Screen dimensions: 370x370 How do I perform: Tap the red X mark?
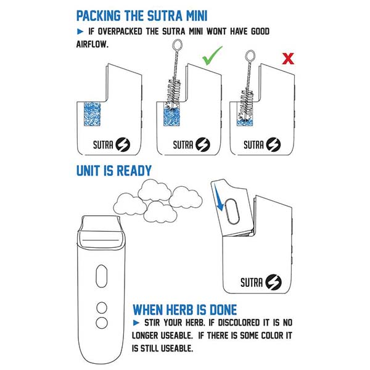pyautogui.click(x=288, y=59)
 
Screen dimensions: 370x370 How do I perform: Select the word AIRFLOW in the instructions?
pyautogui.click(x=92, y=44)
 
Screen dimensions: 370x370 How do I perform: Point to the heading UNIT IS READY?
pyautogui.click(x=114, y=171)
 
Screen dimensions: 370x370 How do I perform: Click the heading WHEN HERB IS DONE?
pyautogui.click(x=185, y=310)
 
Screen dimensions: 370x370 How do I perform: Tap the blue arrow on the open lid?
pyautogui.click(x=218, y=198)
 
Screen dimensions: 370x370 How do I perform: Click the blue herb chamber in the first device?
pyautogui.click(x=92, y=114)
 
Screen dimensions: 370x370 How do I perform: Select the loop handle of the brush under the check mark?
pyautogui.click(x=178, y=45)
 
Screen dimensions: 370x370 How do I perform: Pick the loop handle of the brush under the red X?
pyautogui.click(x=250, y=55)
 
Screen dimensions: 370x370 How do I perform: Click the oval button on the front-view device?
pyautogui.click(x=102, y=276)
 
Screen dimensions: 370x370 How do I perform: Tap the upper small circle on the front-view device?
pyautogui.click(x=102, y=308)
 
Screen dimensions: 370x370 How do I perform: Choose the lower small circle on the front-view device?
pyautogui.click(x=102, y=323)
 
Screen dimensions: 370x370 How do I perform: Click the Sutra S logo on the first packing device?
pyautogui.click(x=123, y=144)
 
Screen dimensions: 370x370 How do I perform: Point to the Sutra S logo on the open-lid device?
pyautogui.click(x=273, y=282)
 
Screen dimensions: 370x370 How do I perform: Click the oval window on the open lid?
pyautogui.click(x=232, y=212)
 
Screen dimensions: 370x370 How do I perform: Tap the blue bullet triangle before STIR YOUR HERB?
pyautogui.click(x=136, y=323)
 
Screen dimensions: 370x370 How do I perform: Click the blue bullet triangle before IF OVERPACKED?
pyautogui.click(x=80, y=31)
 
